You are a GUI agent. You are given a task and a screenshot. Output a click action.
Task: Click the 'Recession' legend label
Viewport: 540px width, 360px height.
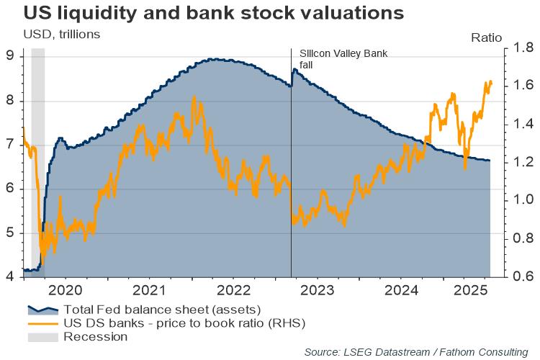96,336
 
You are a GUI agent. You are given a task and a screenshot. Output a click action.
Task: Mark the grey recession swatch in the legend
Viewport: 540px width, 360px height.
42,336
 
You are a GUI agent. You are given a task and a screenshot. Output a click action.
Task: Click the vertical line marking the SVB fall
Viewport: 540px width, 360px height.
291,180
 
